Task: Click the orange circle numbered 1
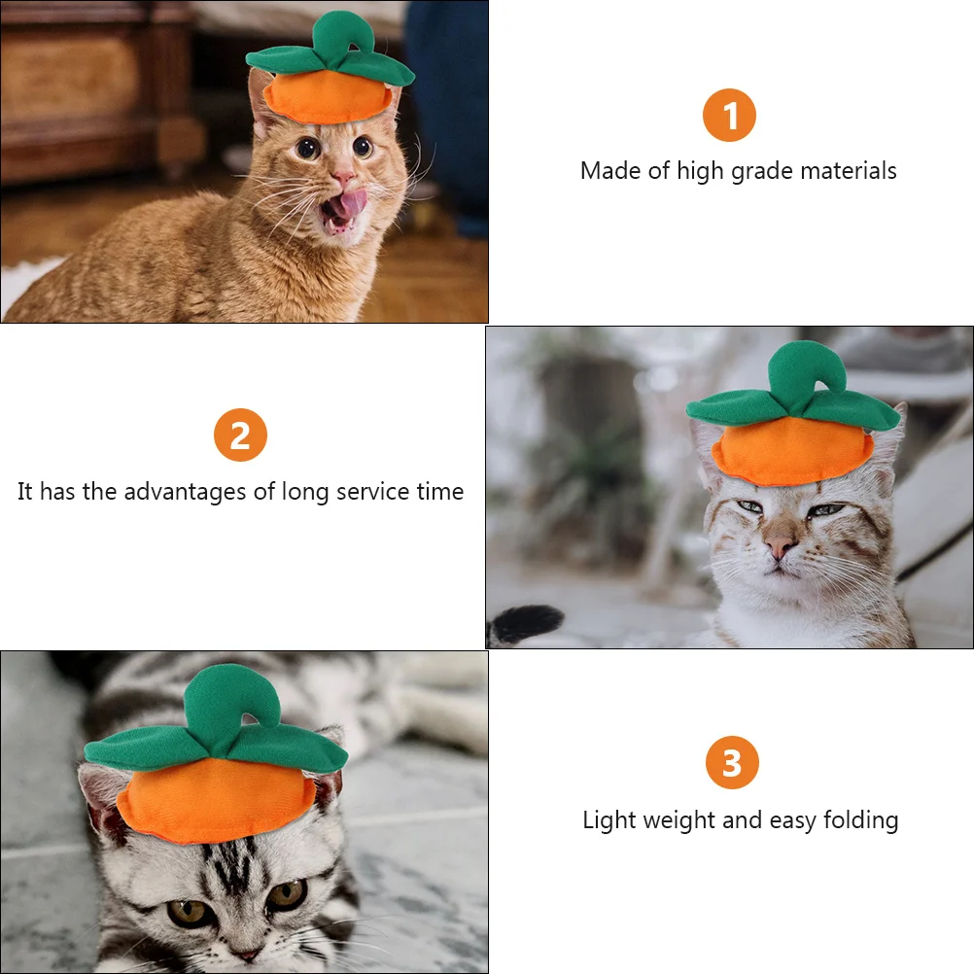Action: [729, 117]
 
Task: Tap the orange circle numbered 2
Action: [240, 435]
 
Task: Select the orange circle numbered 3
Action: [731, 763]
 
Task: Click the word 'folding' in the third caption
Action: [860, 820]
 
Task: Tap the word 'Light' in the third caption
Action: [609, 820]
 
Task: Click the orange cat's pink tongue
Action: [350, 205]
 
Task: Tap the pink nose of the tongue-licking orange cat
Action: [342, 178]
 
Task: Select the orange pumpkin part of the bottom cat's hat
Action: [216, 797]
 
